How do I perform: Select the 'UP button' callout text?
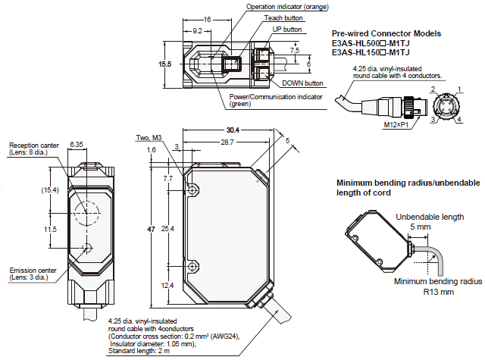(288, 29)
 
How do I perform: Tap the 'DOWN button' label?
(302, 83)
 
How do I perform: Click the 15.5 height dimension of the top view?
(165, 64)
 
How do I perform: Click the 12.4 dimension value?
(169, 285)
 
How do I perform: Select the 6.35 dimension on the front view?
(77, 143)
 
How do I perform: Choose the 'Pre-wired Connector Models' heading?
(386, 33)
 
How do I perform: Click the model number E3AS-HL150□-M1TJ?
(371, 52)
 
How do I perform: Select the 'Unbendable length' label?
(429, 217)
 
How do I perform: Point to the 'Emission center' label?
(31, 269)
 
